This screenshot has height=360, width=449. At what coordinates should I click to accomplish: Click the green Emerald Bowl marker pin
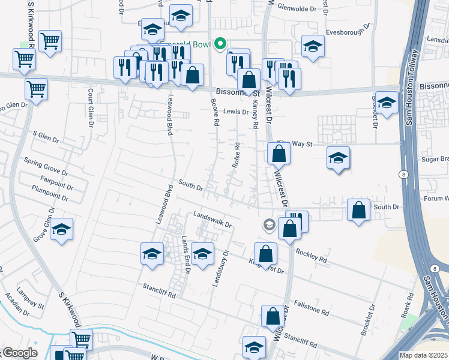coord(220,43)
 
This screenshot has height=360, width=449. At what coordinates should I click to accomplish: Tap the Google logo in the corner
coord(19,353)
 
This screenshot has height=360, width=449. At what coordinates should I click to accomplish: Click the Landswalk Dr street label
coord(212,219)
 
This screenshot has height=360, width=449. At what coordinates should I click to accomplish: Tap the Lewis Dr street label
coord(236,112)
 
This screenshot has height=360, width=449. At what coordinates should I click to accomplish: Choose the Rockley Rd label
coord(311,256)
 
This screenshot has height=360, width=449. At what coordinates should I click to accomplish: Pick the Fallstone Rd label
coord(312,308)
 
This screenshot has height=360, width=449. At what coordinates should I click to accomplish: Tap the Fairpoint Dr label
coord(47,179)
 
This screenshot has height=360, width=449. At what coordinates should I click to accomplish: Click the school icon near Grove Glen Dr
coord(61,230)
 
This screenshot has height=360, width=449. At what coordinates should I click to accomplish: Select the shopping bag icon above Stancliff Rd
coord(273,316)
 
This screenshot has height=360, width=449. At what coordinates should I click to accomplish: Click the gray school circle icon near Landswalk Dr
coord(268,226)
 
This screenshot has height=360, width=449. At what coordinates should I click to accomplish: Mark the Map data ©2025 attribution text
coord(424,355)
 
